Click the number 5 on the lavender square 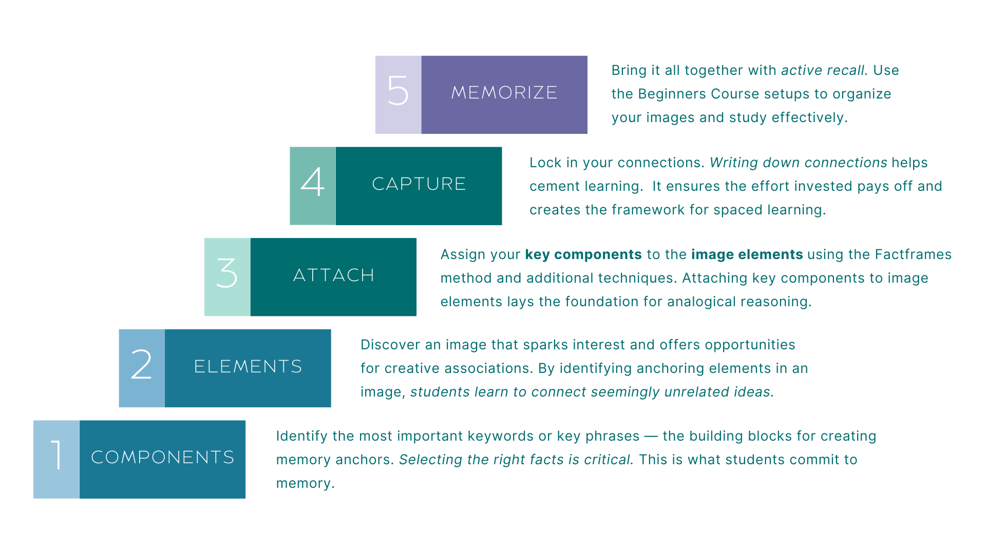tap(398, 91)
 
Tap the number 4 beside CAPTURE tap(313, 182)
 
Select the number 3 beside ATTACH tap(227, 273)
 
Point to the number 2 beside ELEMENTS tap(141, 365)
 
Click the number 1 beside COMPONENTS tap(56, 456)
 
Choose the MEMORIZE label tap(504, 93)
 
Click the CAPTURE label tap(419, 184)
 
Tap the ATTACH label tap(334, 275)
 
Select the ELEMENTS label tap(248, 367)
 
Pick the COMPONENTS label tap(163, 458)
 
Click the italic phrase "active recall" tap(822, 70)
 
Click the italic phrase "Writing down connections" tap(798, 163)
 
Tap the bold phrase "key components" tap(583, 254)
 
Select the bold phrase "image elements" tap(747, 254)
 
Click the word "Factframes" tap(913, 254)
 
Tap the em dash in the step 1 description tap(651, 436)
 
